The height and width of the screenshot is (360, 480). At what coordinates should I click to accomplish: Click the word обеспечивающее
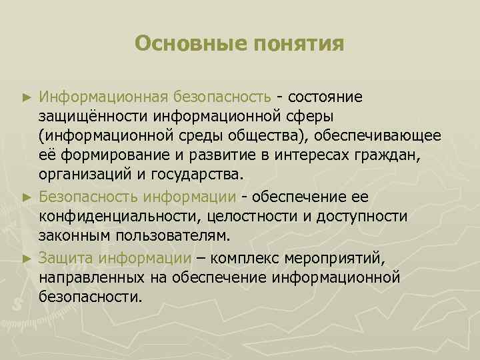(373, 137)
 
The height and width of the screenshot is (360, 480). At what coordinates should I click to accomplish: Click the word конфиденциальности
(114, 216)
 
